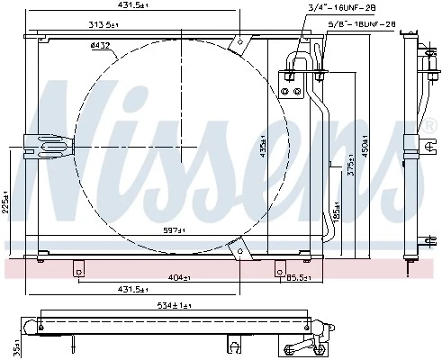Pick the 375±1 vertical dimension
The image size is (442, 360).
(351, 169)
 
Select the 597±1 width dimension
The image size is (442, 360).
(175, 230)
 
